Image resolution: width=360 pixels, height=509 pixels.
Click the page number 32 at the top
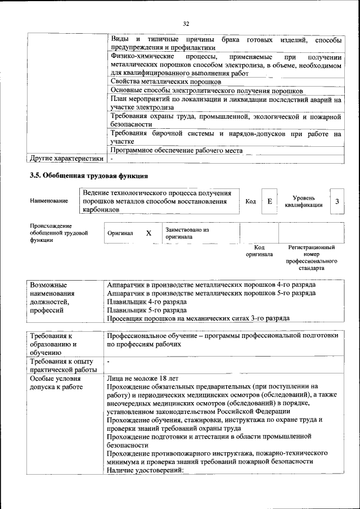pos(186,23)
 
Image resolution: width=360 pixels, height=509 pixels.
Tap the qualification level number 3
pos(336,201)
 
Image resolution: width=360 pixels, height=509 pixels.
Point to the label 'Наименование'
pos(49,201)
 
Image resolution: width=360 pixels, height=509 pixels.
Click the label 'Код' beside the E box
pos(251,201)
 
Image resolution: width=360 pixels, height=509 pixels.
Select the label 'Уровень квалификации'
pos(304,201)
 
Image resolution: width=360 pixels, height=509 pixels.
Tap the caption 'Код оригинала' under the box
pos(259,251)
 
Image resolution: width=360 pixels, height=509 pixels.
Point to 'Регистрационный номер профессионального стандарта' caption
pos(311,258)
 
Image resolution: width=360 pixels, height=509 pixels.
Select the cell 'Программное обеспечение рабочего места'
pos(177,151)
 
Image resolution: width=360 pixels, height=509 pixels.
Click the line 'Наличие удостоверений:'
pos(145,470)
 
